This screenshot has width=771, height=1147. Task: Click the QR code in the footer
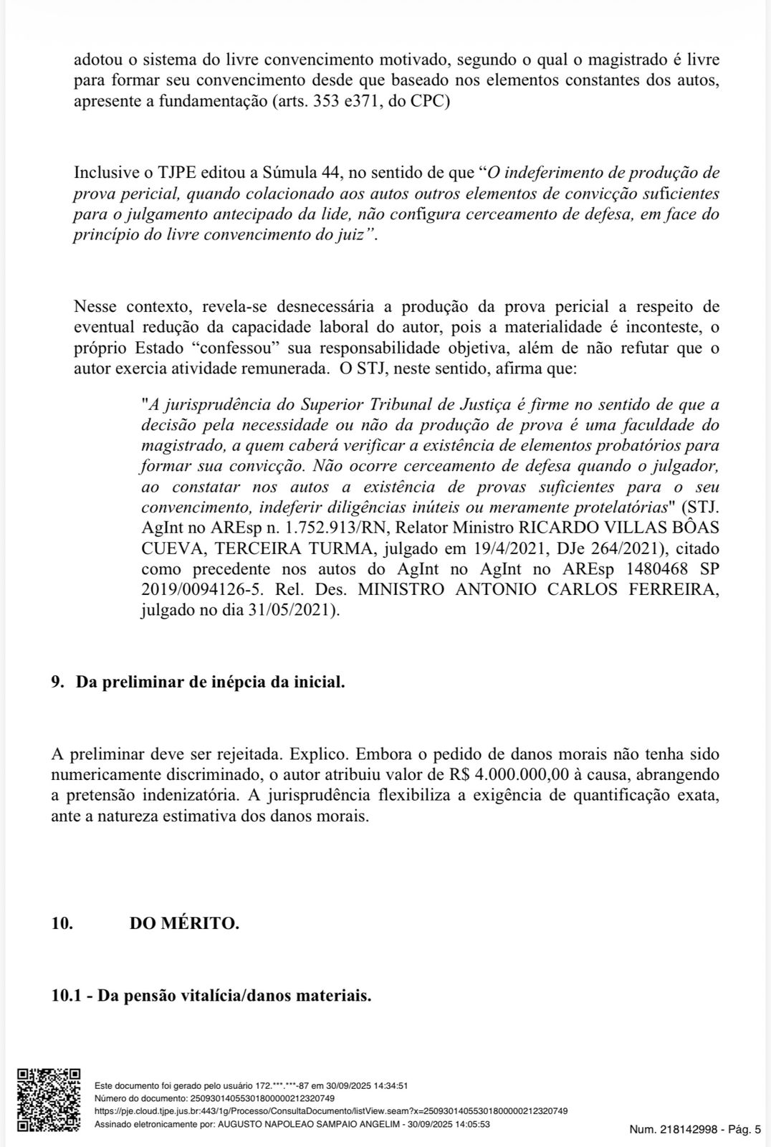(x=49, y=1100)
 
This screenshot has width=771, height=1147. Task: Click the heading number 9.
(x=57, y=682)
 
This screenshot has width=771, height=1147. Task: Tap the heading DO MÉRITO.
(x=184, y=923)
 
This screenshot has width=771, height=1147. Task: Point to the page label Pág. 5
(x=745, y=1130)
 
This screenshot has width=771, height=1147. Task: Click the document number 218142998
(x=689, y=1130)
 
